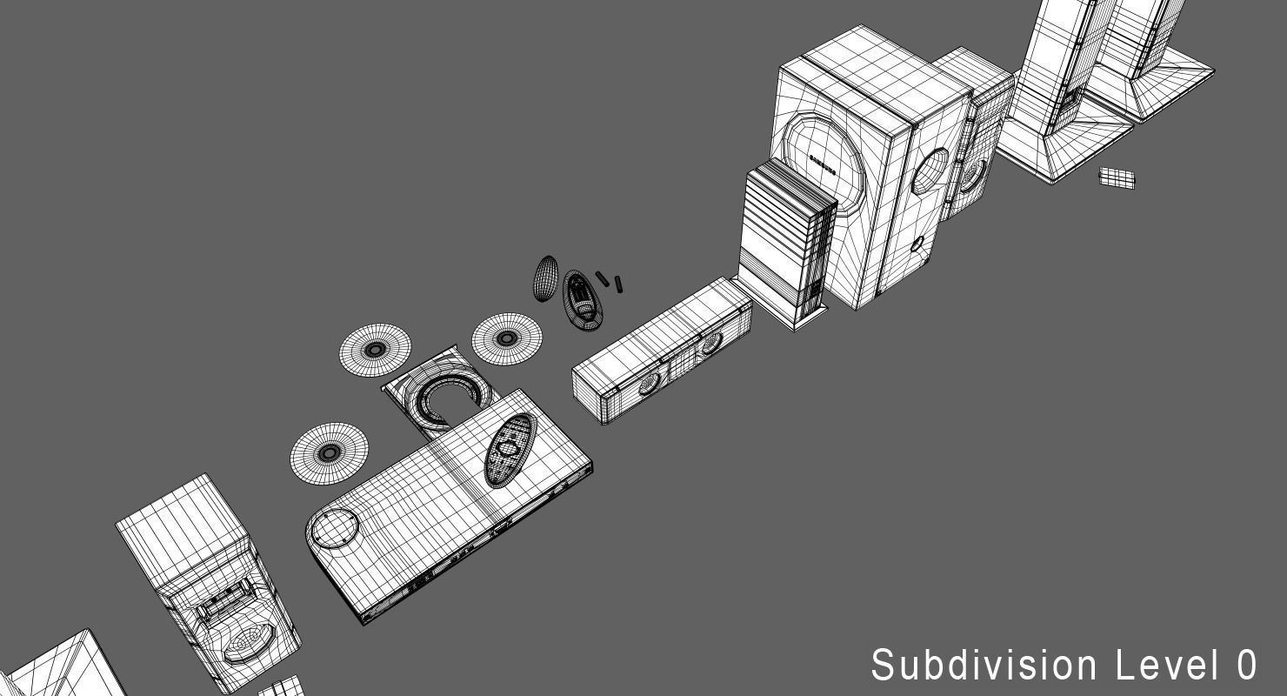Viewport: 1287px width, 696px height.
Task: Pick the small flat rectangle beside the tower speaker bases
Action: [1117, 178]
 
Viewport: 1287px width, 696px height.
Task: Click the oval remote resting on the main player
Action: [510, 449]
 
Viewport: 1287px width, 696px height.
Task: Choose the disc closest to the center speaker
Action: [506, 338]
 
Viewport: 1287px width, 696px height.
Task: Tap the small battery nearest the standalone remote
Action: [602, 278]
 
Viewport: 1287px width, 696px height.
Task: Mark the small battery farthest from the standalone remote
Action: [618, 284]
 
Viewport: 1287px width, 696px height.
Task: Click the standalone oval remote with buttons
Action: [581, 298]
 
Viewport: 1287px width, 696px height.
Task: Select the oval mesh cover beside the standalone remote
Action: [545, 278]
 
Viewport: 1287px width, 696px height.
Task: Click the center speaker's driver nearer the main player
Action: [650, 384]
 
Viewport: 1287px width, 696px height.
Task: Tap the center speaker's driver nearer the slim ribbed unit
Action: [710, 345]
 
